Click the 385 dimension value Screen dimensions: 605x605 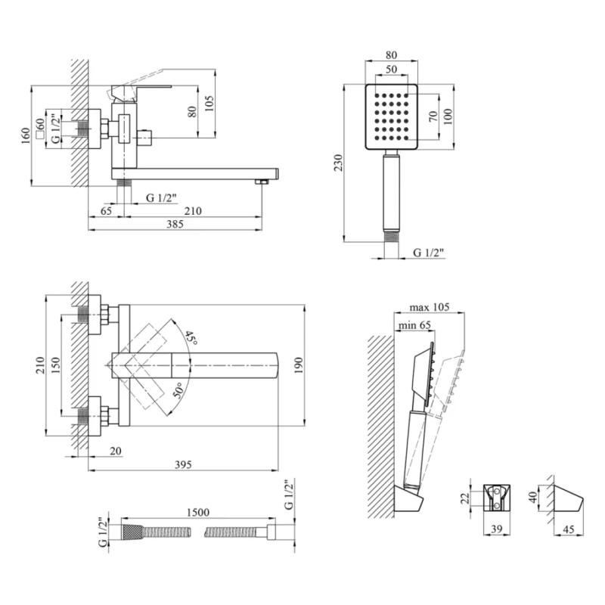click(x=175, y=224)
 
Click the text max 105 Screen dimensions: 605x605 click(x=429, y=307)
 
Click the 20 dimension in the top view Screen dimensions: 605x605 click(x=116, y=451)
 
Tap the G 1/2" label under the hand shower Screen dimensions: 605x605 click(x=428, y=252)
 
